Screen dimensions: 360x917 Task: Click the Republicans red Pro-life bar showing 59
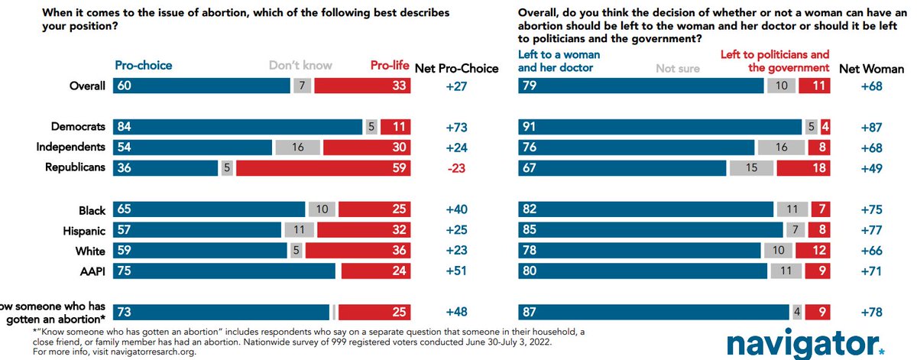pos(323,167)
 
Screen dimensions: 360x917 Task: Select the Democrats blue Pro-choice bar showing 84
pos(238,126)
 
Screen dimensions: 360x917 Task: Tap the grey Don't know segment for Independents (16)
pos(298,147)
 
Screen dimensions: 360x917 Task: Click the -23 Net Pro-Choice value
pos(456,167)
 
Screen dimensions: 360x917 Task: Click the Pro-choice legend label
pos(143,66)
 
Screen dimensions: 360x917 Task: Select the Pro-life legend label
pos(389,66)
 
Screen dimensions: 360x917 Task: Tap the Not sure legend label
pos(678,69)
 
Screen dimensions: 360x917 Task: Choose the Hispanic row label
pos(85,229)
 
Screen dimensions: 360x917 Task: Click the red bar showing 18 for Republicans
pos(803,167)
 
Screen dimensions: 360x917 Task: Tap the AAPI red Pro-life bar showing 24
pos(376,271)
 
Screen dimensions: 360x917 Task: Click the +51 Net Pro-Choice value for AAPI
pos(456,271)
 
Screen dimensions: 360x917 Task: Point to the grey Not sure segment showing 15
pos(751,167)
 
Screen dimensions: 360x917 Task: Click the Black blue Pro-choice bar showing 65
pos(209,209)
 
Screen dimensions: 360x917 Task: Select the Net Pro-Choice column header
pos(456,69)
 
